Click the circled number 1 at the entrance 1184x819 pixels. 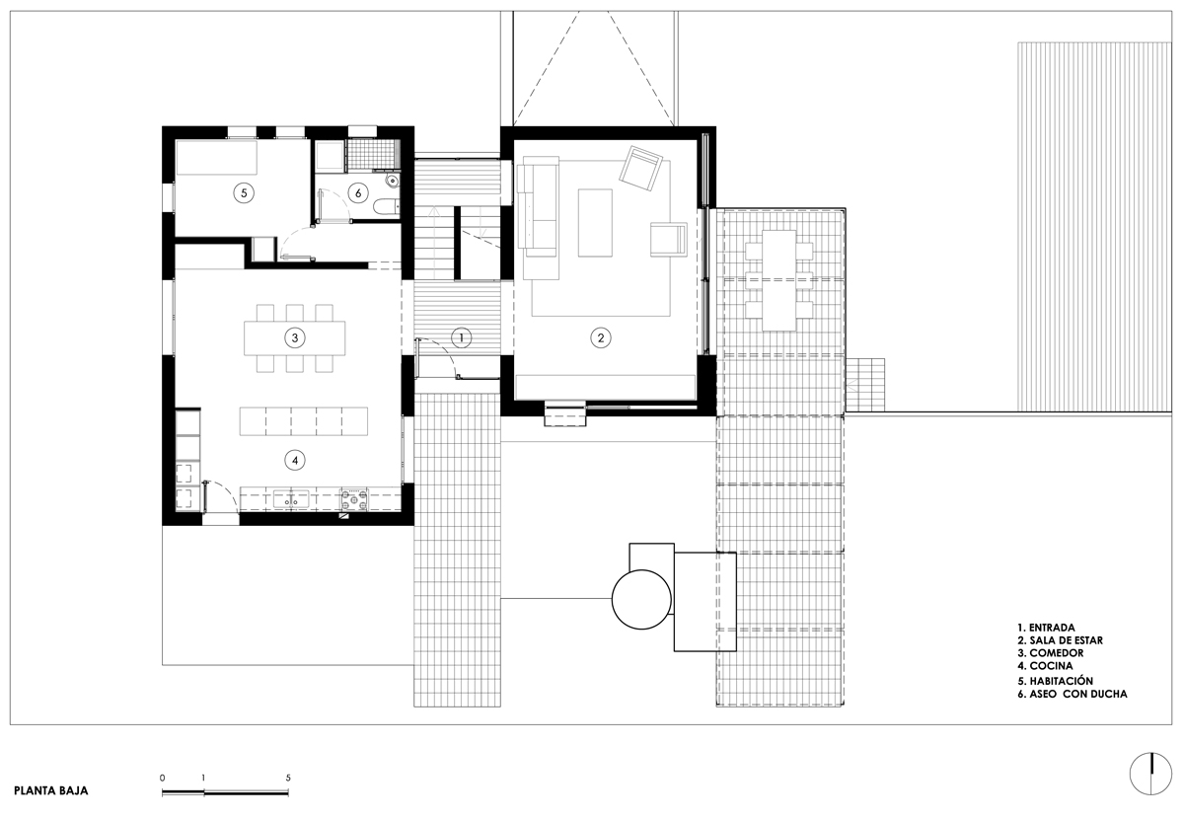[x=461, y=337]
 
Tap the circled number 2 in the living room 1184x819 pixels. [x=601, y=337]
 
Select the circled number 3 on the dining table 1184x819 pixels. [x=294, y=337]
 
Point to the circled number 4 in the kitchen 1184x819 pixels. [x=294, y=461]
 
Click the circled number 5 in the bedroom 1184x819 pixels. [x=244, y=193]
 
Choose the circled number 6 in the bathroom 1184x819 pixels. [x=358, y=193]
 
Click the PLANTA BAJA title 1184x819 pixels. [x=50, y=791]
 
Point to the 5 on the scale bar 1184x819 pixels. [x=288, y=778]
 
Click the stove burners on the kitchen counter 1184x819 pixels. [x=353, y=499]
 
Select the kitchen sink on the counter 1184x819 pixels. [x=291, y=499]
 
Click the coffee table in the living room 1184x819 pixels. [x=595, y=223]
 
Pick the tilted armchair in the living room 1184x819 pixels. [x=640, y=168]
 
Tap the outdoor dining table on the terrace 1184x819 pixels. [x=779, y=280]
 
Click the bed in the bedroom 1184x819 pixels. [x=216, y=157]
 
